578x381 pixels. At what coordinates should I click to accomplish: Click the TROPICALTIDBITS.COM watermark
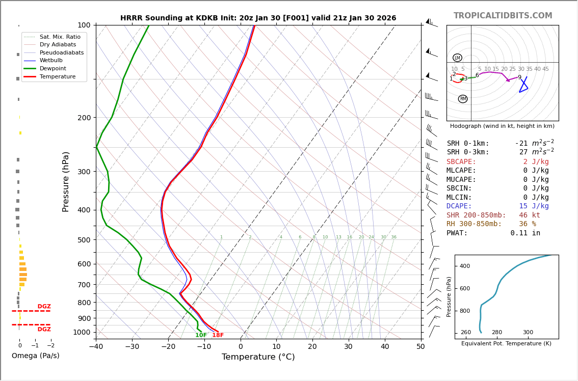point(503,16)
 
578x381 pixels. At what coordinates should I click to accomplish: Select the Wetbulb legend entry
point(51,60)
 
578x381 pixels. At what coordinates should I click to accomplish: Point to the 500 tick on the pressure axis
point(84,240)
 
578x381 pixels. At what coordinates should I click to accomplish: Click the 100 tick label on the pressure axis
point(84,25)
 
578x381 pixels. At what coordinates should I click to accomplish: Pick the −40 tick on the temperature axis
point(96,347)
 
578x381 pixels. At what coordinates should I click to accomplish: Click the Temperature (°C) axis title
point(258,357)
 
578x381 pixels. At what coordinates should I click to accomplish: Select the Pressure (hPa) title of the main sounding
point(66,181)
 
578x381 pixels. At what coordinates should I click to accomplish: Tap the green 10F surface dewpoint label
point(201,335)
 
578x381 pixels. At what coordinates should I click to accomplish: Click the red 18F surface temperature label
point(218,335)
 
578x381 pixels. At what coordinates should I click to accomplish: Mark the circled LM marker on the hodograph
point(457,58)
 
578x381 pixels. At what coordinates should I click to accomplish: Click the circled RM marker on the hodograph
point(463,99)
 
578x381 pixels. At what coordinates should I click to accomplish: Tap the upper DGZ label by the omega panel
point(44,307)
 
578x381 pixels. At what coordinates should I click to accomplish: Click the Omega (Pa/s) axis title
point(35,356)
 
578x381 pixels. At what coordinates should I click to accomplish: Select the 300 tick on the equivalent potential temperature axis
point(528,333)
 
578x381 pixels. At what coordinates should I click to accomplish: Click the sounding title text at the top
point(258,18)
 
